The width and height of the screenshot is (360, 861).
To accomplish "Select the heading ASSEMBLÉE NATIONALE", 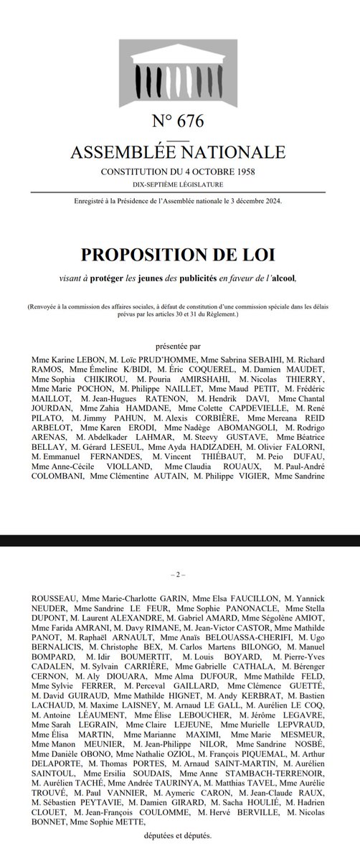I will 180,152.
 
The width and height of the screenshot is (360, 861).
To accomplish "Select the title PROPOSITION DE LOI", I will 180,255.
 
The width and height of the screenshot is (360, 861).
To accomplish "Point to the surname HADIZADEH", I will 215,448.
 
